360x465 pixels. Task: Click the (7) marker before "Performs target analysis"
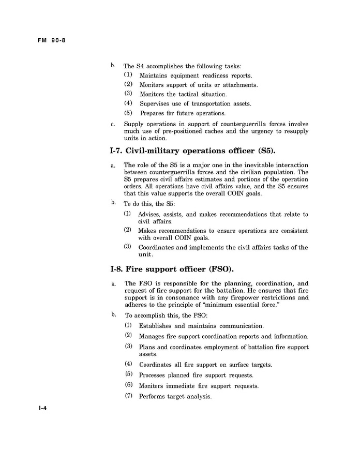pos(129,396)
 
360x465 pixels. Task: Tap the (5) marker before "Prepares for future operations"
pos(129,113)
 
